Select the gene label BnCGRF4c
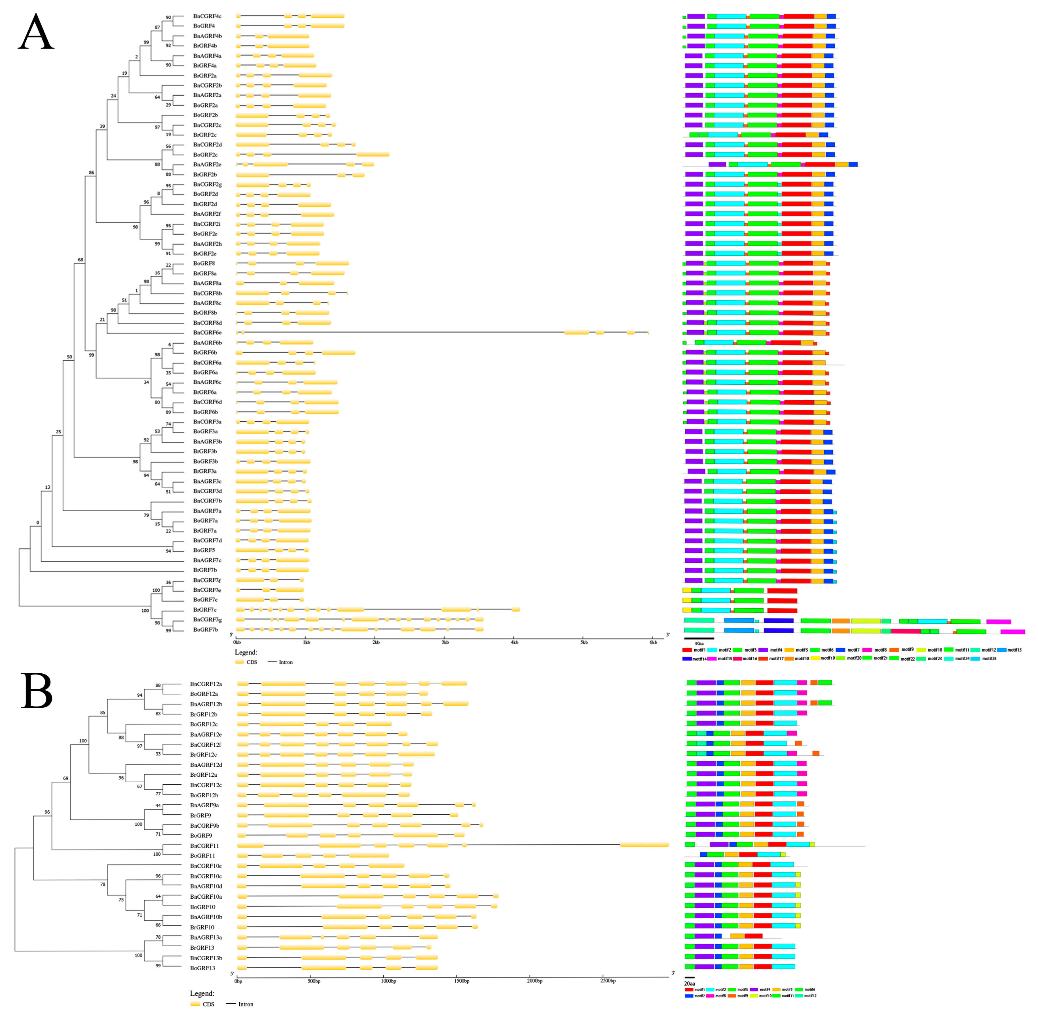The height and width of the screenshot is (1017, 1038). click(207, 16)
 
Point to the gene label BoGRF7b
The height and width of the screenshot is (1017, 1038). click(206, 630)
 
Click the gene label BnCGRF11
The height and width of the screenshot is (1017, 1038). click(204, 846)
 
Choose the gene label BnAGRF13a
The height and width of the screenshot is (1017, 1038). click(206, 937)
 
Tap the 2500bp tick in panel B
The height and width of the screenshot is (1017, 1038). click(608, 981)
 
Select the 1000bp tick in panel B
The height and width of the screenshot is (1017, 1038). click(388, 981)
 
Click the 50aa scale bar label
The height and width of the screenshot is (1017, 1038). click(699, 644)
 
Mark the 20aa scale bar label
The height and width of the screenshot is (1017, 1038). click(690, 983)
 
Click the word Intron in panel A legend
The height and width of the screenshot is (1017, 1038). click(286, 662)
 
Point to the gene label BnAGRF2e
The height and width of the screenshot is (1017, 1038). click(207, 165)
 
